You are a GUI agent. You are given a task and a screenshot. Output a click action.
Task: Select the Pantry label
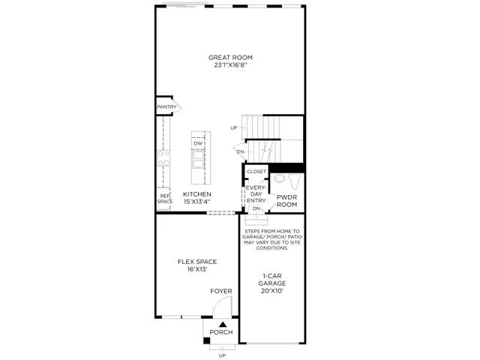coord(166,107)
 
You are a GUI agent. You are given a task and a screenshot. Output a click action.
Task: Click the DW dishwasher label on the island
coord(199,143)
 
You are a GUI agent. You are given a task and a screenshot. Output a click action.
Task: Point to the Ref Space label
coord(165,199)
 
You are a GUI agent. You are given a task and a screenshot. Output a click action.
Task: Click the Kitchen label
coord(196,193)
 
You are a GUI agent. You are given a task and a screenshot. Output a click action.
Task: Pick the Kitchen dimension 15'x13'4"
coord(196,201)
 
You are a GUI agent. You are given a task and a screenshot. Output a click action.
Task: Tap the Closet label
coord(256,172)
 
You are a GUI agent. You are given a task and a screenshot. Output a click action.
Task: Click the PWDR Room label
coord(287,201)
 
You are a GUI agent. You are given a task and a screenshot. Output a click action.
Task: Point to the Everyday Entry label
coord(256,193)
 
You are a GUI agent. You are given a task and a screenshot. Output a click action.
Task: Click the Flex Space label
coord(197,262)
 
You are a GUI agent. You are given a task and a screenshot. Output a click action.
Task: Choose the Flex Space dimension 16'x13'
coord(197,269)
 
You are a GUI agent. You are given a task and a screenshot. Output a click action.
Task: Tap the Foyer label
coord(220,291)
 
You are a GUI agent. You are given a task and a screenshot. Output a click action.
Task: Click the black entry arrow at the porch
coord(221,323)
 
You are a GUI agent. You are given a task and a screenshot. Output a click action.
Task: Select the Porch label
coord(221,332)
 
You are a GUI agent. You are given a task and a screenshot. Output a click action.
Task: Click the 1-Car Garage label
coord(272,279)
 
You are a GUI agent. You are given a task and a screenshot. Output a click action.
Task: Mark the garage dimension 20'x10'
coord(272,291)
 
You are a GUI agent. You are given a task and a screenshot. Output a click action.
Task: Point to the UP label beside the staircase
coord(234,128)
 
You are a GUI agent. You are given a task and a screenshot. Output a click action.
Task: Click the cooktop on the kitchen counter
coord(163,157)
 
